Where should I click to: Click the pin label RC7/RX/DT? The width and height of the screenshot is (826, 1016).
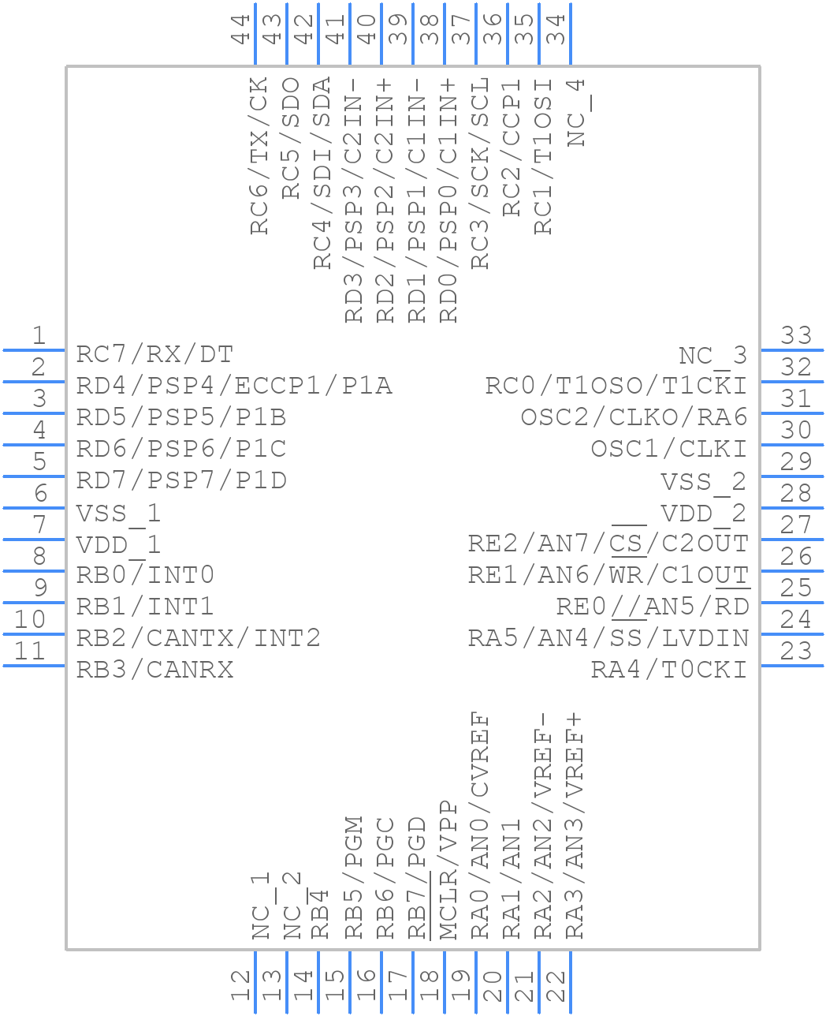click(154, 354)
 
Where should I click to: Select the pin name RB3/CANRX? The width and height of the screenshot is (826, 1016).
click(154, 670)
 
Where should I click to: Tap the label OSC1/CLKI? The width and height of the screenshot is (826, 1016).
click(668, 449)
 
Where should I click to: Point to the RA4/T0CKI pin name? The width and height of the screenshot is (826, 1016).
click(668, 670)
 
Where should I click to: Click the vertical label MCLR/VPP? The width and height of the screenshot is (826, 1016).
click(448, 871)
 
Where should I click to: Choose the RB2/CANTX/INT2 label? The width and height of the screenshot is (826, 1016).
click(198, 638)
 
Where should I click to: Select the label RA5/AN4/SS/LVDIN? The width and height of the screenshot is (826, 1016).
click(608, 638)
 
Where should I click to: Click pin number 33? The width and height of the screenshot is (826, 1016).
click(796, 336)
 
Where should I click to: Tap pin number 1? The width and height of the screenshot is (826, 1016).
click(38, 336)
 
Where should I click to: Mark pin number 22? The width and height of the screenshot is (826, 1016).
click(556, 986)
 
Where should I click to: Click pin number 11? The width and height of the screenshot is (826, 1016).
click(30, 652)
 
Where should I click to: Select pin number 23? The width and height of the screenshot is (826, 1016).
click(796, 652)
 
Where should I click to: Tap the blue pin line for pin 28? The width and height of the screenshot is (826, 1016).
click(791, 508)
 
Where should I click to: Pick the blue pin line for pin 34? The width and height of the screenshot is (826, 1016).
click(570, 35)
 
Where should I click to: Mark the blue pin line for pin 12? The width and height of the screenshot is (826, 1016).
click(255, 981)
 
